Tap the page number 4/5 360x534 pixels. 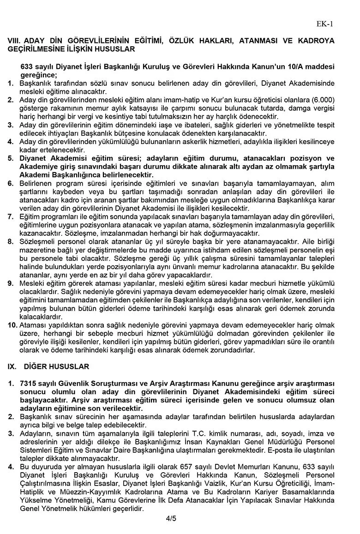pyautogui.click(x=171, y=519)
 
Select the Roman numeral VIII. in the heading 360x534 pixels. pyautogui.click(x=14, y=41)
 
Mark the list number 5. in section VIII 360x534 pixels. pyautogui.click(x=11, y=159)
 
